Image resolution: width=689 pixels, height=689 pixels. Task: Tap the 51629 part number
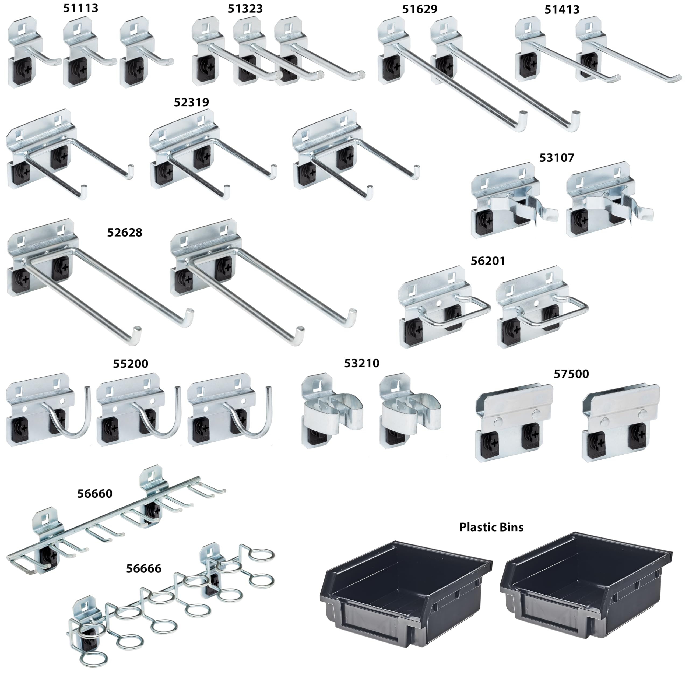click(x=420, y=9)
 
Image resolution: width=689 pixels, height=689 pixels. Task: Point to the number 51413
click(x=562, y=10)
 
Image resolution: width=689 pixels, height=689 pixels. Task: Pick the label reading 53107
click(x=557, y=158)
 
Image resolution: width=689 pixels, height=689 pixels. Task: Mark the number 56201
click(x=488, y=261)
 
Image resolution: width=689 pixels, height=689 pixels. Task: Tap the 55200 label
click(x=131, y=364)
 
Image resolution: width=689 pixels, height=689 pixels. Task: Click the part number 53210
click(x=362, y=363)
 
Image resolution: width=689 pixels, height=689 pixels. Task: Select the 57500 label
click(x=571, y=374)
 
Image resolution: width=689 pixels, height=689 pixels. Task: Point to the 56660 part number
click(x=95, y=494)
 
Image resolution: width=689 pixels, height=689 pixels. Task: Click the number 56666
click(x=144, y=568)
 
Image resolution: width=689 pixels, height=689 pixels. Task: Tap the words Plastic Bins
click(x=491, y=527)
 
